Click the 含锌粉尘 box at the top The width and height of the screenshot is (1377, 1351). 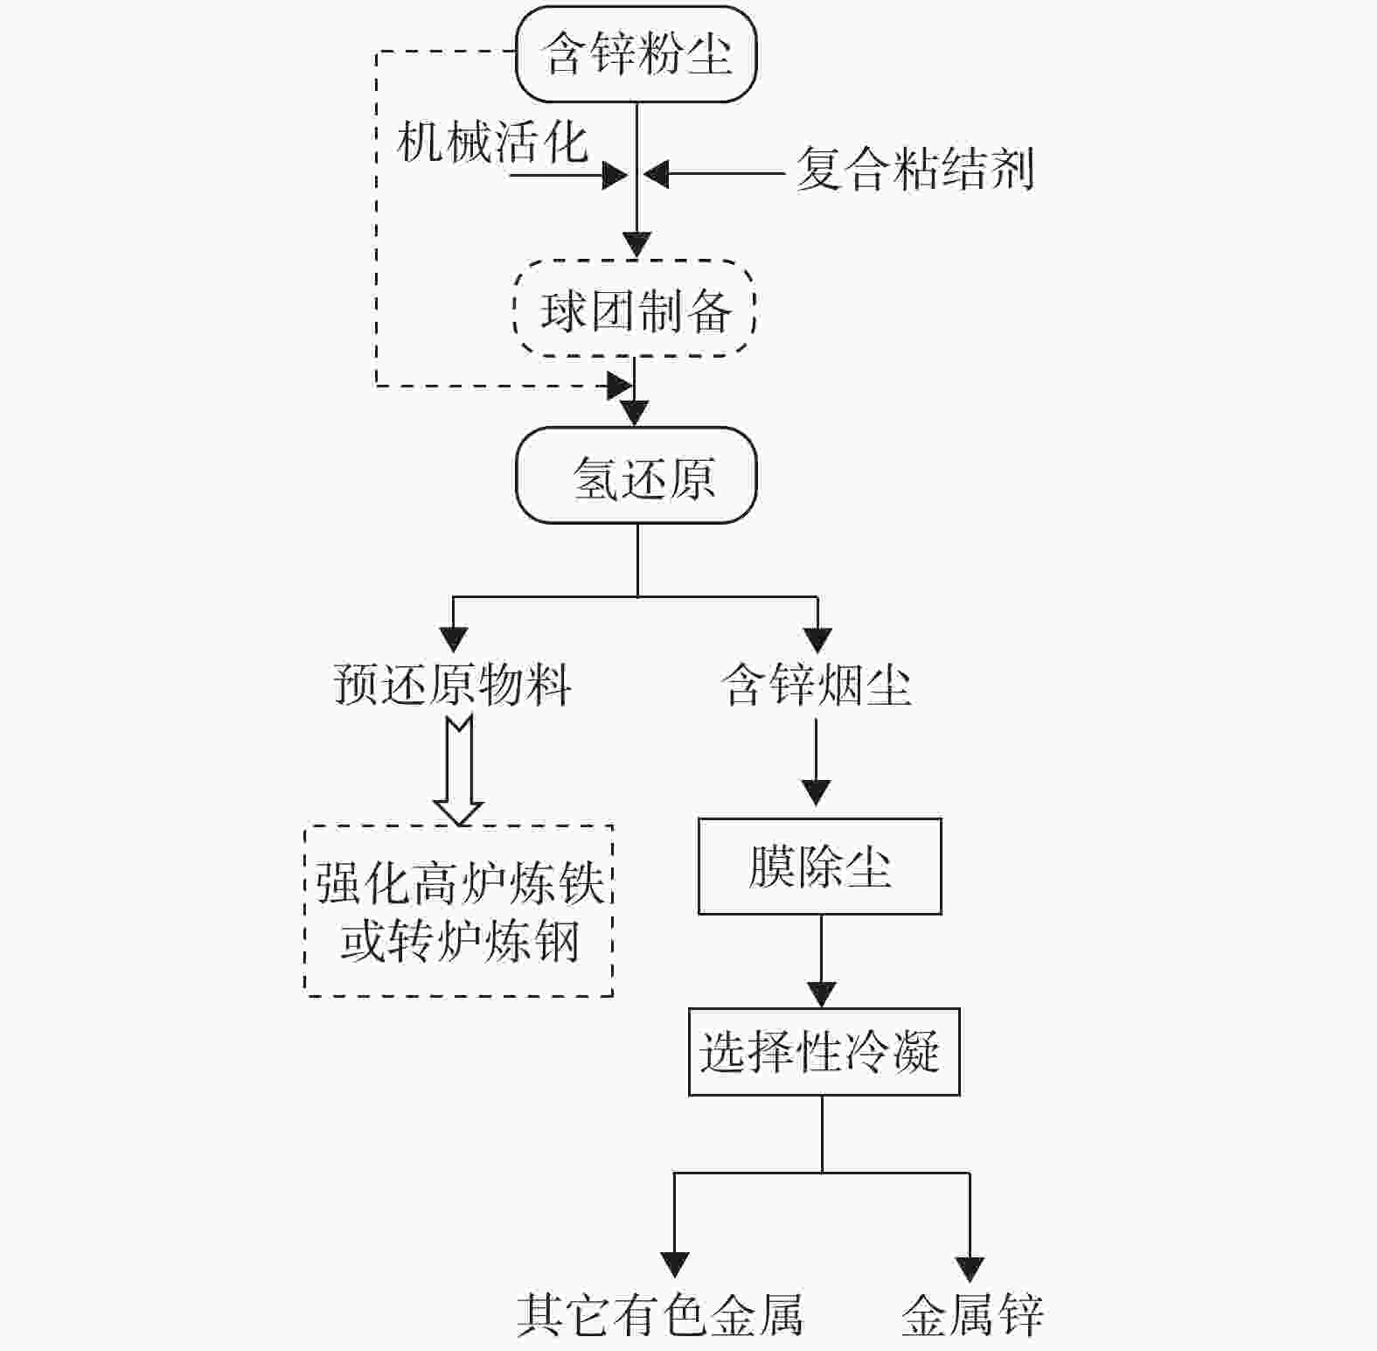(x=636, y=54)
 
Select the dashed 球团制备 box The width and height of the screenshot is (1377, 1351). (x=635, y=309)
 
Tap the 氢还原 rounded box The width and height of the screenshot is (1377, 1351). (x=636, y=476)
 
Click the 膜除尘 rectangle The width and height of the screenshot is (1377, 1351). (x=819, y=867)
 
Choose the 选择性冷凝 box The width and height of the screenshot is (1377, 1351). (x=824, y=1051)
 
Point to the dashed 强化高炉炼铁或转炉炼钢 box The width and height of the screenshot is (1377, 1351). (x=459, y=910)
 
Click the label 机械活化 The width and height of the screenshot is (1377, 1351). (x=492, y=142)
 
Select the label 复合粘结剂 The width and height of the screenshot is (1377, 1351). (x=915, y=169)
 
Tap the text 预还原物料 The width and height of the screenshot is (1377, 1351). (x=453, y=684)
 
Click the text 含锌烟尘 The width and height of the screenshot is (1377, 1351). (x=817, y=684)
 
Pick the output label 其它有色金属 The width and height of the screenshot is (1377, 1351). (x=660, y=1313)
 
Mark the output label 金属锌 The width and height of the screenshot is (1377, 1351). (x=972, y=1313)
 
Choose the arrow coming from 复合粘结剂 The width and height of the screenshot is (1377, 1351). (x=713, y=174)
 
